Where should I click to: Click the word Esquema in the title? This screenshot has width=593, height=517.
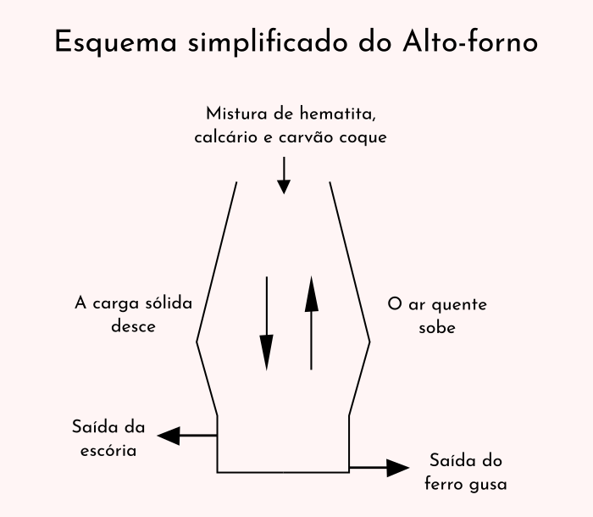click(116, 42)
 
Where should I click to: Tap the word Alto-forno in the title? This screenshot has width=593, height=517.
click(470, 41)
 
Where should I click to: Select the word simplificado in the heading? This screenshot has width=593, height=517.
click(268, 42)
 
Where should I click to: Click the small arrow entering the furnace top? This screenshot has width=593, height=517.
click(284, 175)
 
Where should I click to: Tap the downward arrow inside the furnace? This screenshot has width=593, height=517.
click(267, 323)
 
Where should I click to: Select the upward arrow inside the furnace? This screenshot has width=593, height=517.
click(311, 323)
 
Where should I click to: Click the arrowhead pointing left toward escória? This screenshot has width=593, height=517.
click(169, 436)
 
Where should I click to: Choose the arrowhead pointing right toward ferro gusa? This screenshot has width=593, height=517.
click(398, 468)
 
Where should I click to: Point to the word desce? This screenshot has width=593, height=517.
click(133, 326)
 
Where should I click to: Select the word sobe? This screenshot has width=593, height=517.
click(437, 328)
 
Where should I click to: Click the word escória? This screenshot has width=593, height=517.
click(108, 451)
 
